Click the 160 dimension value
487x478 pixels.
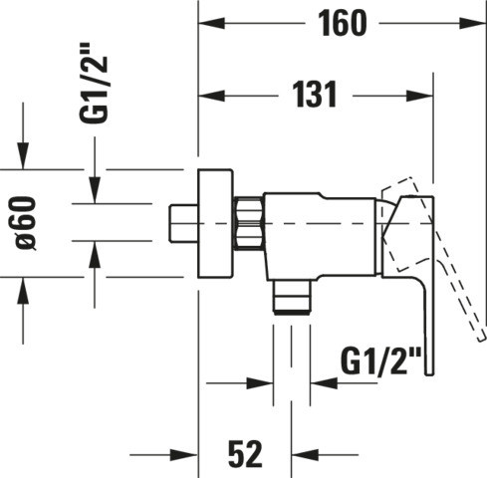pyautogui.click(x=343, y=23)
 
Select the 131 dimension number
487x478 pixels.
pyautogui.click(x=315, y=95)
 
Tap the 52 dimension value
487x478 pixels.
pyautogui.click(x=245, y=454)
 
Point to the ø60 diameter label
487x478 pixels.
pyautogui.click(x=26, y=223)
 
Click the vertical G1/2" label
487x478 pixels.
pyautogui.click(x=94, y=83)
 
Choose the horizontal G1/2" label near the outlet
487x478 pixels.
pyautogui.click(x=381, y=361)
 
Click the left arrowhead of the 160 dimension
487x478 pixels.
pyautogui.click(x=211, y=24)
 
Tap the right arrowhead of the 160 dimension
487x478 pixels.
pyautogui.click(x=473, y=24)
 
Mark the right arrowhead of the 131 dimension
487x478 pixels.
pyautogui.click(x=420, y=96)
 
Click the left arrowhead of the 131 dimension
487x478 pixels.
pyautogui.click(x=211, y=96)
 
